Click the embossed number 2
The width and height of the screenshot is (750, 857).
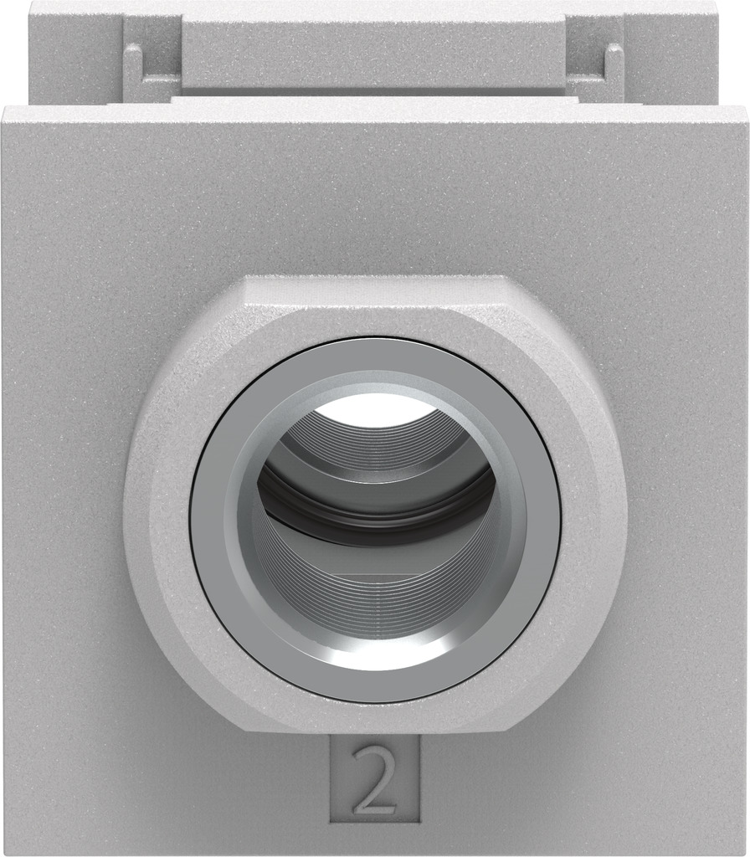click(x=373, y=779)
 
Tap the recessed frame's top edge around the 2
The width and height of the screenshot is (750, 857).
click(x=374, y=738)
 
